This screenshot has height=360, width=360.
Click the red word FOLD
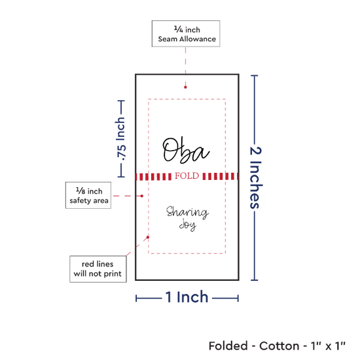click(x=187, y=176)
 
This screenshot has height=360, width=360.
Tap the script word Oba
click(x=186, y=150)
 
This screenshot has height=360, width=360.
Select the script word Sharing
click(x=187, y=212)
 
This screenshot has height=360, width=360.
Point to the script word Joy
click(x=188, y=225)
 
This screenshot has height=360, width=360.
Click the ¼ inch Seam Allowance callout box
click(x=186, y=34)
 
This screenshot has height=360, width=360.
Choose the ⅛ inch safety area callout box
click(x=88, y=196)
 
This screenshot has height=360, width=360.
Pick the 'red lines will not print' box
click(x=98, y=269)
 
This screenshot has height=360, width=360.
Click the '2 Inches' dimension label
click(x=255, y=177)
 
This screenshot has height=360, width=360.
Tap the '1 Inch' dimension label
click(x=187, y=297)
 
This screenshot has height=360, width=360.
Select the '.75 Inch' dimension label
click(x=121, y=139)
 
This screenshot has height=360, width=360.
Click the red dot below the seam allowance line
click(x=185, y=87)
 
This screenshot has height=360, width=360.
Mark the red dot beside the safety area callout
click(x=142, y=196)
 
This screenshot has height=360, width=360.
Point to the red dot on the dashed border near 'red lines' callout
click(x=148, y=237)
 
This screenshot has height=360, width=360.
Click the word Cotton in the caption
click(x=279, y=346)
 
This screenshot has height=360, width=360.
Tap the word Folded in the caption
click(x=228, y=346)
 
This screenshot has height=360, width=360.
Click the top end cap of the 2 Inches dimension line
click(x=255, y=75)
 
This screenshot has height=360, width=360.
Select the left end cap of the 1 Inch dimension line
click(x=136, y=298)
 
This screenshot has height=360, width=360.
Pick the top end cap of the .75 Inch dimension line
click(x=121, y=101)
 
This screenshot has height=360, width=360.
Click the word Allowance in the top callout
click(x=198, y=39)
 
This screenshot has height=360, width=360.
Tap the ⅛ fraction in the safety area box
click(x=81, y=190)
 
